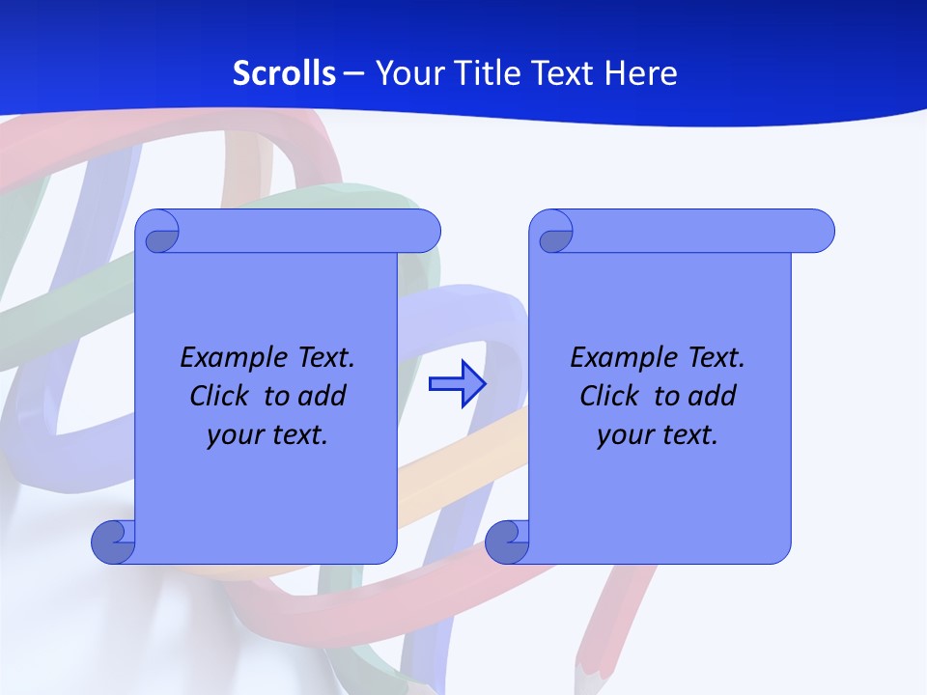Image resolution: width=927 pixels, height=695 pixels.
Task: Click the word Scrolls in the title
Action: [285, 73]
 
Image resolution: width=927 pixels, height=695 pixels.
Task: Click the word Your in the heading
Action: [407, 73]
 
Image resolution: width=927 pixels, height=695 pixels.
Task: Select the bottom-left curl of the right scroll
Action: [508, 542]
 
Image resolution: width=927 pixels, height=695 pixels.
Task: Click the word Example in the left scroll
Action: [228, 358]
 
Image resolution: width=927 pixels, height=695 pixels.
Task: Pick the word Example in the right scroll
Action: [618, 358]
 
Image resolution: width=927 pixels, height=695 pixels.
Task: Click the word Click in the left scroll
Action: [221, 396]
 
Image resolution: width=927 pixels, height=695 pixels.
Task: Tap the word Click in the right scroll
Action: [610, 396]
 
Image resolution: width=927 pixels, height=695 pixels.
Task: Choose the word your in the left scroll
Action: [232, 435]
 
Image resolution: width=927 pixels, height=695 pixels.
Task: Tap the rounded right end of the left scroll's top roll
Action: [425, 231]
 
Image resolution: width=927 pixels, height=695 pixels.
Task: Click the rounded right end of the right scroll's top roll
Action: [819, 231]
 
